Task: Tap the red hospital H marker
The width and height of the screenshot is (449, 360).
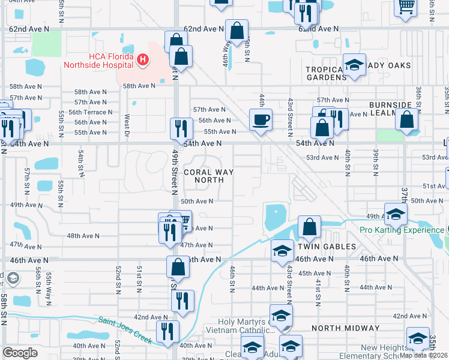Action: click(x=143, y=59)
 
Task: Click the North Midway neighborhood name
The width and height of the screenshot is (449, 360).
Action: click(x=345, y=328)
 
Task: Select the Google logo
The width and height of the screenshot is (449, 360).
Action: click(x=20, y=352)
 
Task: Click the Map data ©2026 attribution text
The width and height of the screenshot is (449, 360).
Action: click(x=424, y=355)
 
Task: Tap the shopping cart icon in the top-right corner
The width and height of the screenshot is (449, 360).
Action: click(x=406, y=5)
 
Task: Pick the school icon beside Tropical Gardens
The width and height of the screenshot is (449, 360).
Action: click(x=355, y=65)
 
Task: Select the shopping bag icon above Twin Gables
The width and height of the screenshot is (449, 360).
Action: click(x=309, y=227)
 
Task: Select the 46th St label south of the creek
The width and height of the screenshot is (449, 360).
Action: click(x=232, y=277)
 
